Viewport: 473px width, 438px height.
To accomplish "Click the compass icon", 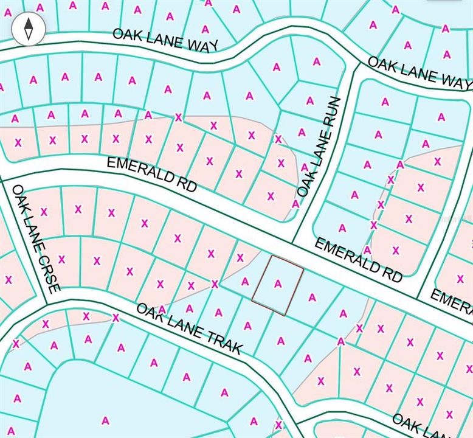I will click(29, 29).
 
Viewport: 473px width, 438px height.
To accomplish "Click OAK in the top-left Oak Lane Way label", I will click(126, 35).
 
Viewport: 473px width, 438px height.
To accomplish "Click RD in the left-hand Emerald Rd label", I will click(188, 184).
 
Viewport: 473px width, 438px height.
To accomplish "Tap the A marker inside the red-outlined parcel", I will click(278, 283).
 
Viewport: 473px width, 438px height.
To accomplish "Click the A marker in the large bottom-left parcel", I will click(105, 420).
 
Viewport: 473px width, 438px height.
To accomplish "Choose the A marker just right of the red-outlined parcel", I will click(312, 297).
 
